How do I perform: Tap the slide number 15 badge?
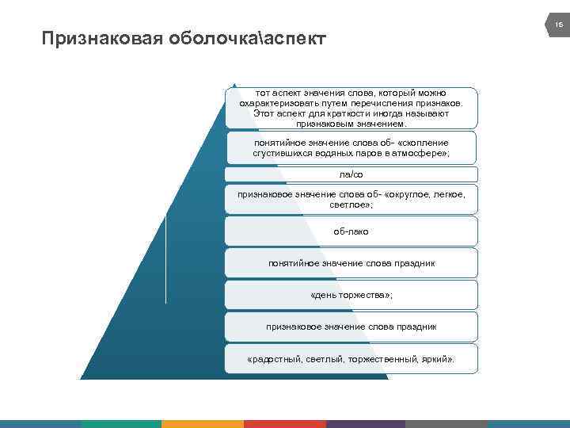click(558, 25)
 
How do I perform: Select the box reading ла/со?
click(351, 174)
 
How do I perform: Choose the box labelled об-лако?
click(351, 231)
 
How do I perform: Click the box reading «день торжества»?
click(351, 295)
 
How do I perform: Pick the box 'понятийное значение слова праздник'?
click(351, 262)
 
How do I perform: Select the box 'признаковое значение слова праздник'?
click(351, 326)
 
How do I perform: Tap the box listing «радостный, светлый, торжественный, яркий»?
click(351, 358)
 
